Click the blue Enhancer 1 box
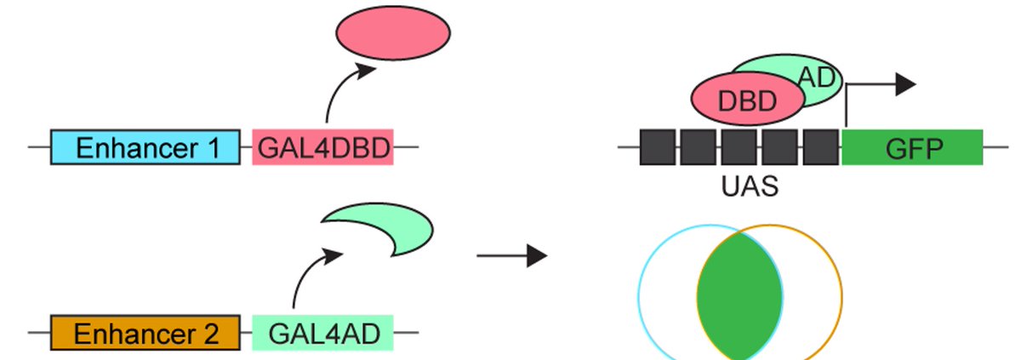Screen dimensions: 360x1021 click(145, 147)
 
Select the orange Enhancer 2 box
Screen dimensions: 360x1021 click(145, 331)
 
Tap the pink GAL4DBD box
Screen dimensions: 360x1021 click(322, 147)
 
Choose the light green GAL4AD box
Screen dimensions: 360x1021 click(322, 331)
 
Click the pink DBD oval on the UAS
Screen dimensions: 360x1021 click(748, 100)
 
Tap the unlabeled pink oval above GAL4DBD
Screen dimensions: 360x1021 click(392, 35)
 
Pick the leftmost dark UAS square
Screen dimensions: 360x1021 click(657, 147)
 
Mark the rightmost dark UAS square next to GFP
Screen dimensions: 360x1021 click(820, 147)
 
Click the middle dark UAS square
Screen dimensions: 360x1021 click(739, 147)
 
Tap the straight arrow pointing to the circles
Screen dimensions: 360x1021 click(510, 254)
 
